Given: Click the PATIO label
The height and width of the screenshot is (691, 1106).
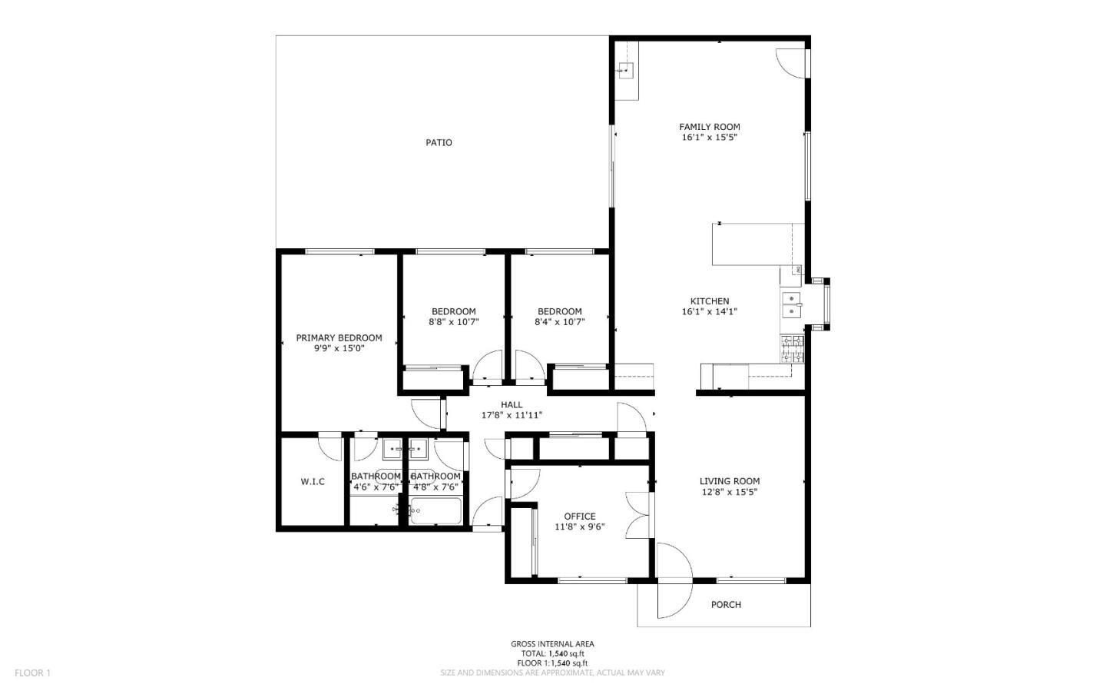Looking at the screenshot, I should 439,142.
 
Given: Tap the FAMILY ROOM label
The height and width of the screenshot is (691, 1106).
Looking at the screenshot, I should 709,127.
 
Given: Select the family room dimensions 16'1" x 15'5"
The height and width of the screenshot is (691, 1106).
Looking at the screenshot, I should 709,138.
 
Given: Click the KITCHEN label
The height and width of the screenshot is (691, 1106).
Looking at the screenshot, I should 709,301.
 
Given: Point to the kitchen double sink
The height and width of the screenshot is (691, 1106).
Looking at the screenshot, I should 790,304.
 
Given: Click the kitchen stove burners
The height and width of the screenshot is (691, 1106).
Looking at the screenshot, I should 792,350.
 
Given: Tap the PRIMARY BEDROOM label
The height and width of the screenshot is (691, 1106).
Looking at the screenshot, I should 339,337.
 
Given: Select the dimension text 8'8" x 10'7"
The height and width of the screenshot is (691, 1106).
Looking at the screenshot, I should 453,322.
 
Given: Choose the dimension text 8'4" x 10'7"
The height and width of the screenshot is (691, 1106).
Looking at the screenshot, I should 559,322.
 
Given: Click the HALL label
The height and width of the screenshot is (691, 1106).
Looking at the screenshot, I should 512,405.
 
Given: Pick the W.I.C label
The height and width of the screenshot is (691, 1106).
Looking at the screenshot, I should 312,482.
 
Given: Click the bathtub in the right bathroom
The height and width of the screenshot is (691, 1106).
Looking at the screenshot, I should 435,511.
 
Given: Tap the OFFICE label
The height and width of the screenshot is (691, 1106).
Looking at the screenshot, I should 579,517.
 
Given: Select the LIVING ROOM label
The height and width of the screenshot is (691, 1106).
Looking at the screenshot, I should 729,481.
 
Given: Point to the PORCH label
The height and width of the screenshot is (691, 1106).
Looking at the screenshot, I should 725,605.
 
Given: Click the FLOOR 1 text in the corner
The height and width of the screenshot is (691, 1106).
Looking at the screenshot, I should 32,673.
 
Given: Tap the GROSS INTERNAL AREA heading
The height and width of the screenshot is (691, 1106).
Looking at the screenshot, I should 552,644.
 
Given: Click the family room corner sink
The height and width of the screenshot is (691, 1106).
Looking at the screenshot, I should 626,71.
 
